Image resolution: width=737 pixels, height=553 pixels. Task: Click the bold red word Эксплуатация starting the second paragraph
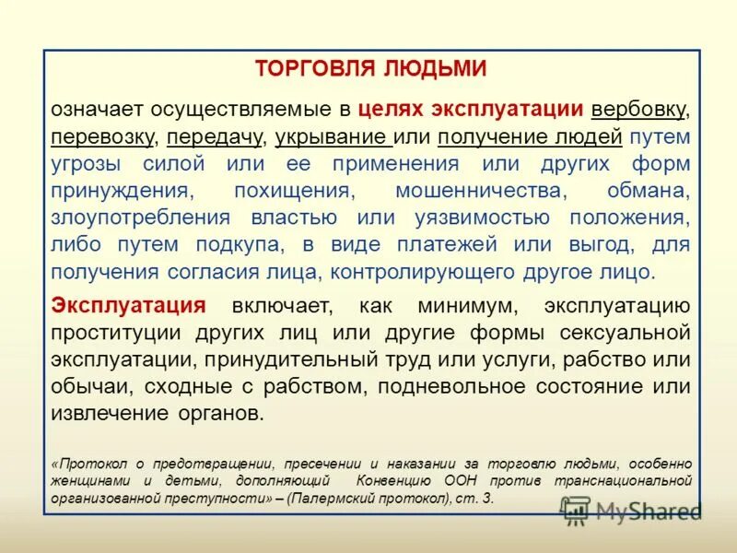pyautogui.click(x=128, y=306)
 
